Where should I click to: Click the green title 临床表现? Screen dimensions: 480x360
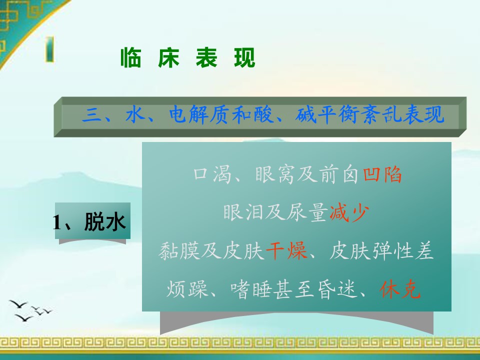[x=187, y=57]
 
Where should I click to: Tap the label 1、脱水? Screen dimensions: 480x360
[x=89, y=221]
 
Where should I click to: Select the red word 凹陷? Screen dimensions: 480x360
[x=382, y=174]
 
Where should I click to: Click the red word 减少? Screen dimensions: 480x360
[x=349, y=212]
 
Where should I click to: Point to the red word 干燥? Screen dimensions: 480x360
[x=286, y=250]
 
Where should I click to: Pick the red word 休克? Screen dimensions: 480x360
[x=400, y=289]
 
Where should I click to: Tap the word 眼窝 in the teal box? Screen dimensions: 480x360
[x=274, y=174]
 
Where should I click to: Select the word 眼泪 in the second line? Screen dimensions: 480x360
[x=243, y=212]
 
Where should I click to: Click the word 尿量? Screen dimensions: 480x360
[x=307, y=212]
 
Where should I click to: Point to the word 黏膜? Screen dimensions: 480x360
[x=179, y=250]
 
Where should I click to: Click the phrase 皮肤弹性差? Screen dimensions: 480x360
[x=381, y=250]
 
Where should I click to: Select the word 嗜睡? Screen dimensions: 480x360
[x=251, y=289]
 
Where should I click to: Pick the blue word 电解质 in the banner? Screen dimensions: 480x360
[x=198, y=115]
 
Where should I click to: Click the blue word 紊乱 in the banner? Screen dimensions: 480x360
[x=381, y=115]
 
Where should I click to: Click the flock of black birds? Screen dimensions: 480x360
[x=30, y=310]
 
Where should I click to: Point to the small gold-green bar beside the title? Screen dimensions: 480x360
[x=49, y=49]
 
